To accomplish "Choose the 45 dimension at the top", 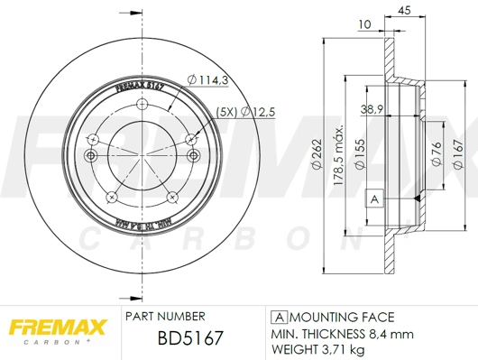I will pyautogui.click(x=404, y=10).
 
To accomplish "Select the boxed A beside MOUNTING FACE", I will pyautogui.click(x=279, y=318).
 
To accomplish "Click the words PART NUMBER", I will pyautogui.click(x=165, y=317).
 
